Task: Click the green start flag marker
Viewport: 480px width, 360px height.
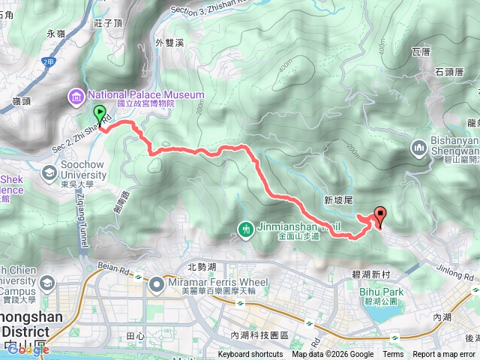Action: [100, 115]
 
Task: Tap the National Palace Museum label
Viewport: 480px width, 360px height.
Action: [145, 95]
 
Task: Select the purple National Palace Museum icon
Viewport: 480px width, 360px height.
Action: [76, 95]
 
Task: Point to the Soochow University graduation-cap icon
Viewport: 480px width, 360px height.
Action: [49, 174]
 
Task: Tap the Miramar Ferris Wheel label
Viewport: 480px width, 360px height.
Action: [214, 282]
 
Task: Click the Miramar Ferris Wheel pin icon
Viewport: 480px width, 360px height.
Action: [157, 284]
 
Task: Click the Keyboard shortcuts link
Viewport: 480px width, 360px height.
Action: [250, 355]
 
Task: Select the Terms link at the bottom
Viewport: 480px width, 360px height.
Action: [393, 355]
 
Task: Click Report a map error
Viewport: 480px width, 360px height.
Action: [444, 355]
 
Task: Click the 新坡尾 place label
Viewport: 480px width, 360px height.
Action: [338, 200]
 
